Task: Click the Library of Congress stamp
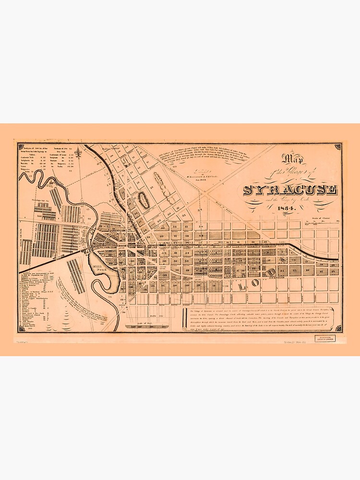point(325,338)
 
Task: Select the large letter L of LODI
point(241,285)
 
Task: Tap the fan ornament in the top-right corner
point(338,145)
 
